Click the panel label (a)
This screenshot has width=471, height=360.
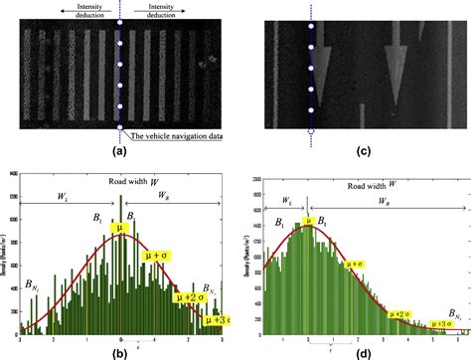click(120, 152)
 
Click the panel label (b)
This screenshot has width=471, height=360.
click(120, 351)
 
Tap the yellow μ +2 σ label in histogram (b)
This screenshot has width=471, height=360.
click(188, 296)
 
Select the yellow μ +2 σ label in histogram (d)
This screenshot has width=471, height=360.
click(403, 314)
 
